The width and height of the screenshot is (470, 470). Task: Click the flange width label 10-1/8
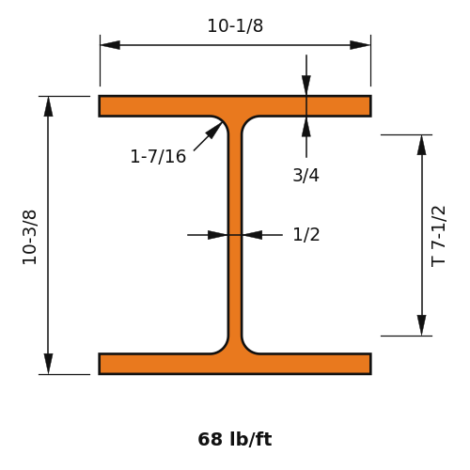pyautogui.click(x=235, y=25)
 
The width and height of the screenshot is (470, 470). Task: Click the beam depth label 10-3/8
pyautogui.click(x=29, y=237)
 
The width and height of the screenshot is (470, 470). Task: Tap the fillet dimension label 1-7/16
pyautogui.click(x=158, y=156)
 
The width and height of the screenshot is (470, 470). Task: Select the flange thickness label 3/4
pyautogui.click(x=305, y=175)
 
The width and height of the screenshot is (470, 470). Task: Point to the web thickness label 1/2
pyautogui.click(x=306, y=234)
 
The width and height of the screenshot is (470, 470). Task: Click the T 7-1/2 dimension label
pyautogui.click(x=438, y=236)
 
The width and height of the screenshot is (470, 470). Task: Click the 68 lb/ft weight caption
pyautogui.click(x=235, y=439)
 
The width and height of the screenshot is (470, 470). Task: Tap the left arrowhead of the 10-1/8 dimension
pyautogui.click(x=110, y=45)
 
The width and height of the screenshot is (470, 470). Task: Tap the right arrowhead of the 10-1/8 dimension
pyautogui.click(x=360, y=45)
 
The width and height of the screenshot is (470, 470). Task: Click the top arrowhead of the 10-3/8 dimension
pyautogui.click(x=48, y=106)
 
